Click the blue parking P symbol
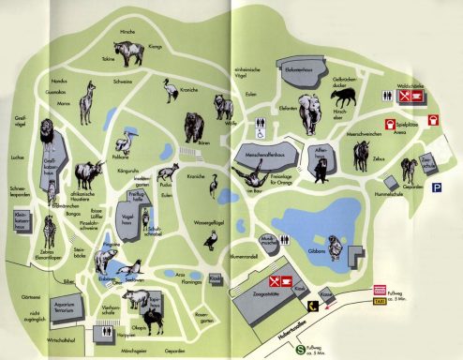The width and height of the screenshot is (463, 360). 437,187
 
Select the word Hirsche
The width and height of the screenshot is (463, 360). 128,31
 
